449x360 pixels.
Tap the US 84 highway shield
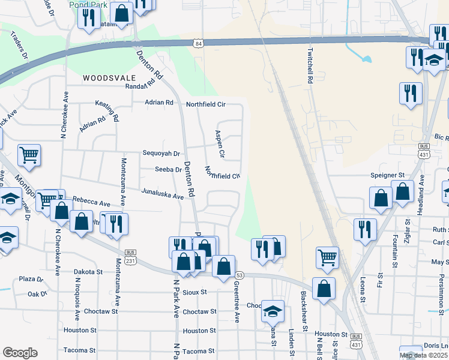pos(198,43)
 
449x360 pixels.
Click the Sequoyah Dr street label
pos(161,153)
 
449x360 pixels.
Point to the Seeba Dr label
pos(168,170)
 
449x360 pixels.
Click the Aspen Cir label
pos(220,145)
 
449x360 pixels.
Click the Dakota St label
pos(91,272)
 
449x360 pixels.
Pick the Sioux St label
pos(194,292)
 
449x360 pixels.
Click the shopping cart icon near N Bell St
pos(327,257)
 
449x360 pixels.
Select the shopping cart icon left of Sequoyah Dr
pos(29,155)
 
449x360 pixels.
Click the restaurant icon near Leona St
pos(364,229)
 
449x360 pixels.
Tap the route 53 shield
pos(240,274)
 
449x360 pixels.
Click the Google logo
pos(20,353)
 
